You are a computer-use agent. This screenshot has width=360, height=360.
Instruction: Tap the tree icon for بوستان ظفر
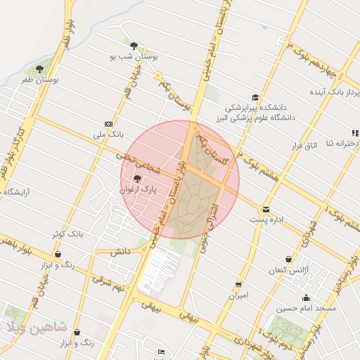tap(39, 69)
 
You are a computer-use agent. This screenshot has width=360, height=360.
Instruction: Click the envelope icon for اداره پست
tap(266, 209)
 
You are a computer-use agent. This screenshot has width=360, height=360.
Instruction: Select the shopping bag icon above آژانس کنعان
tap(288, 259)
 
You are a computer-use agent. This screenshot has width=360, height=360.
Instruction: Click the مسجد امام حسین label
tap(306, 308)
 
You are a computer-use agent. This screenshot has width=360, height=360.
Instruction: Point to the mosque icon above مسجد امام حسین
tap(306, 297)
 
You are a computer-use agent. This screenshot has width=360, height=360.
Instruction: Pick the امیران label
tap(239, 296)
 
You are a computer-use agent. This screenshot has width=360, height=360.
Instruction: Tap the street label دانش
tap(121, 251)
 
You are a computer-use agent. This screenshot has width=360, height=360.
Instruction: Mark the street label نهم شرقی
tap(111, 284)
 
